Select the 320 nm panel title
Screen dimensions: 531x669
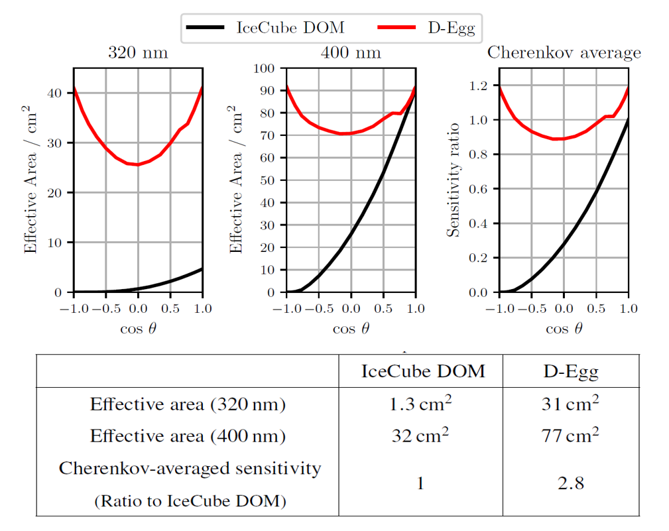(138, 53)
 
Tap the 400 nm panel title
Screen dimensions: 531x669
(351, 53)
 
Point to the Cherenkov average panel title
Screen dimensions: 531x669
(564, 53)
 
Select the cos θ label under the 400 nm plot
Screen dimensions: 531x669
(351, 329)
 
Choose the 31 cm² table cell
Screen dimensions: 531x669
(571, 404)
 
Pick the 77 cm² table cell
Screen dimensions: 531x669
(571, 436)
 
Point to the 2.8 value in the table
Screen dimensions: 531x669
(571, 484)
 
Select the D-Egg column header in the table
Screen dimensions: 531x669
(571, 371)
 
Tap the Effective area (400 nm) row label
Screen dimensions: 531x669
(188, 436)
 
